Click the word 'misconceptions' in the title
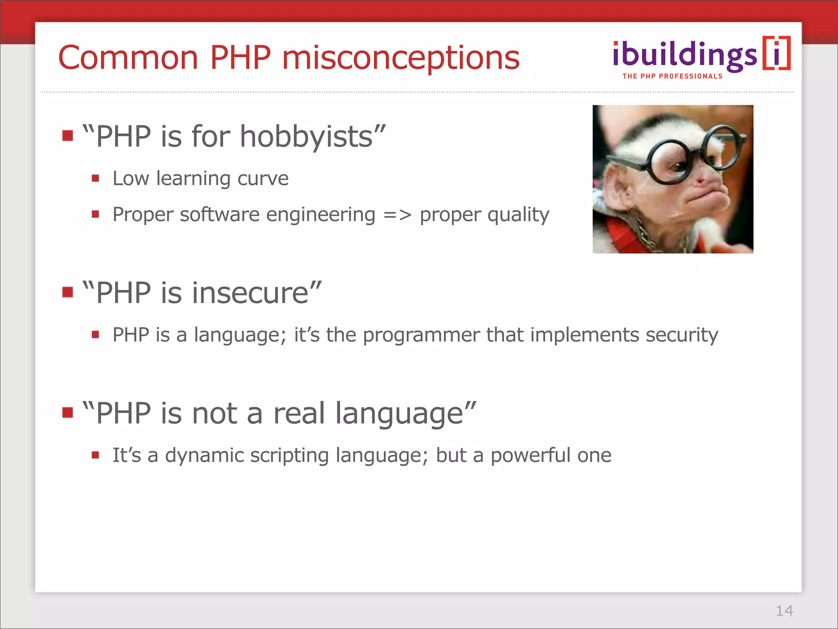(x=401, y=58)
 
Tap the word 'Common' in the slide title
(x=128, y=58)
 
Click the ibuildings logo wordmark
(x=685, y=55)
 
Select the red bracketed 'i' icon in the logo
(x=776, y=53)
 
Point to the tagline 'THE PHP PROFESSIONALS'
(x=672, y=76)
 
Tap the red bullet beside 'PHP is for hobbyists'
(x=68, y=136)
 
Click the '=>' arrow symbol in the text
(x=397, y=215)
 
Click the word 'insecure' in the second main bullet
(x=250, y=293)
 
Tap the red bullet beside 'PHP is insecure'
(x=68, y=292)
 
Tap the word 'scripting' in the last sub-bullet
(x=289, y=456)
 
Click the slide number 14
(x=784, y=611)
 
